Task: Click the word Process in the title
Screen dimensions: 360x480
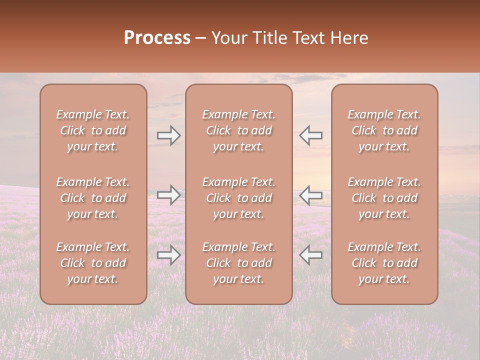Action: click(x=157, y=38)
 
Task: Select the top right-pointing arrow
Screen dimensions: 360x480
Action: click(x=169, y=135)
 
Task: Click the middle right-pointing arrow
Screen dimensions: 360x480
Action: click(x=169, y=195)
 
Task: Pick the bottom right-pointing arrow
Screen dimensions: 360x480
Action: click(x=169, y=255)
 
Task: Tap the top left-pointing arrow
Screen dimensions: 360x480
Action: click(x=311, y=135)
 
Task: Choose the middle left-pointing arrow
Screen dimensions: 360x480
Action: click(x=311, y=195)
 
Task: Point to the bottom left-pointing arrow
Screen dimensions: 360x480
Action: click(x=311, y=255)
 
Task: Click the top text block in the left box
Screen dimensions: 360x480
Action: click(x=93, y=130)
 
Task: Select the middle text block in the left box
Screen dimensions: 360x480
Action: click(x=93, y=198)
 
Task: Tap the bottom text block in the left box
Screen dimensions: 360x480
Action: click(x=93, y=263)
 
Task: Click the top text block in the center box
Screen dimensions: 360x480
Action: click(x=239, y=130)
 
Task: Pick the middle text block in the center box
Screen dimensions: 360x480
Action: click(x=239, y=198)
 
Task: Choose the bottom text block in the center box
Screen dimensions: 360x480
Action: click(x=239, y=263)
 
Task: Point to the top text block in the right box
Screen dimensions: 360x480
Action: click(x=384, y=130)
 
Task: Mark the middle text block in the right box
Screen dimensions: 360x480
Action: click(x=384, y=198)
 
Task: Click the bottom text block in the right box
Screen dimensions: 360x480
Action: click(x=384, y=263)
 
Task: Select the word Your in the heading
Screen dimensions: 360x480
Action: click(x=228, y=38)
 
